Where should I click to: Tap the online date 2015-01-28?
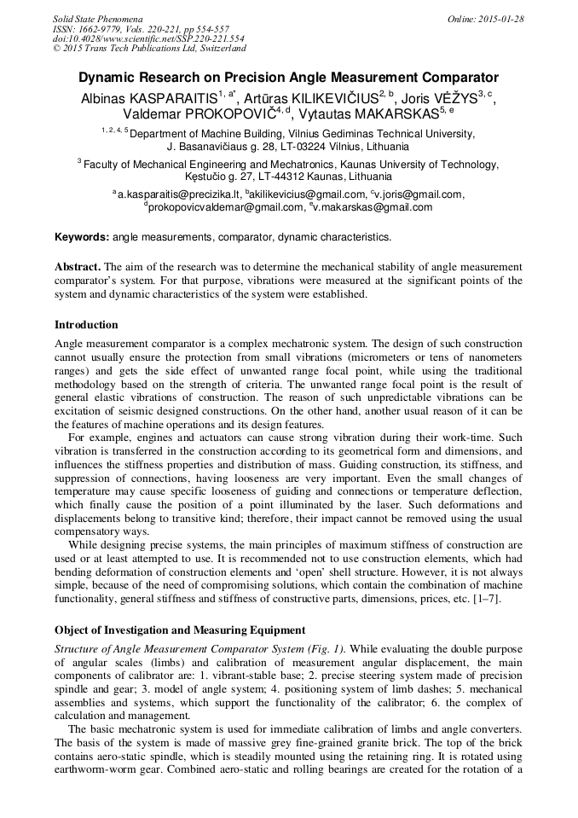[x=498, y=19]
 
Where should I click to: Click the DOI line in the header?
[x=148, y=39]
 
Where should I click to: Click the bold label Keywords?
[x=82, y=237]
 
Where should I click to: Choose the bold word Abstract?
[x=78, y=267]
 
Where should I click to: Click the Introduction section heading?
[x=86, y=325]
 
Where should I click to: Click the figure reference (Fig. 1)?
[x=321, y=648]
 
